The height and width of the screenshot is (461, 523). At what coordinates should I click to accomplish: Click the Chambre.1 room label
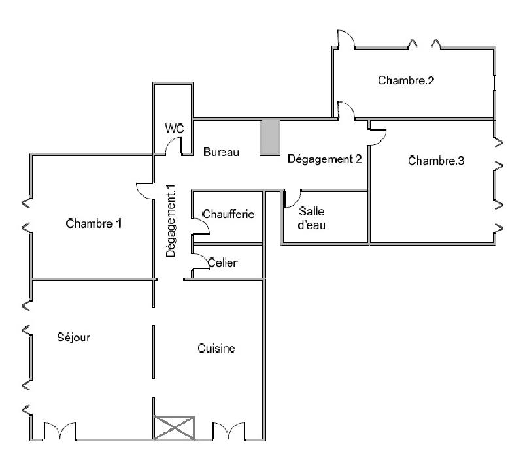(x=94, y=224)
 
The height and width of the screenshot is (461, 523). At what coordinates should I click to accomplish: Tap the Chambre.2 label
(x=406, y=81)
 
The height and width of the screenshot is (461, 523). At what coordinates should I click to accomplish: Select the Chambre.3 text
(x=436, y=161)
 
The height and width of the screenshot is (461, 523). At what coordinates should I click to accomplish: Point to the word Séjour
(x=73, y=338)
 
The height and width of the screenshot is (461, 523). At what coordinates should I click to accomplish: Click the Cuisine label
(x=216, y=349)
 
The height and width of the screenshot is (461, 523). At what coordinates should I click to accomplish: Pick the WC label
(x=174, y=129)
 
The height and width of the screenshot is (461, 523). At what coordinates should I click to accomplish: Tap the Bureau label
(x=221, y=152)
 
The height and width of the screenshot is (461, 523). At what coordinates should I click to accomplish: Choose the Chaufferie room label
(x=228, y=214)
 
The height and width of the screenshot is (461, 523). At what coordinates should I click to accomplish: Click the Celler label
(x=222, y=263)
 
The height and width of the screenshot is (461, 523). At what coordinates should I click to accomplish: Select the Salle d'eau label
(x=312, y=218)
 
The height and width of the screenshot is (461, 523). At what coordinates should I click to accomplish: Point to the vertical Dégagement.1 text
(x=171, y=220)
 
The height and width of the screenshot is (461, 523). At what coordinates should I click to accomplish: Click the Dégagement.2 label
(x=324, y=159)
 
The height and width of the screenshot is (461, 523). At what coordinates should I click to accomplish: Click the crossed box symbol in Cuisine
(x=174, y=427)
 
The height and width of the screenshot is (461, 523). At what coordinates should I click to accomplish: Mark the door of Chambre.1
(x=144, y=190)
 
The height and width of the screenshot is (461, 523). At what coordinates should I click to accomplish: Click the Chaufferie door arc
(x=201, y=225)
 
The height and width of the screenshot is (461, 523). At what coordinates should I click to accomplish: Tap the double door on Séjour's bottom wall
(x=59, y=430)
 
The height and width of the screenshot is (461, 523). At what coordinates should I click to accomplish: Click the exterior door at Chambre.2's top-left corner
(x=345, y=39)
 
